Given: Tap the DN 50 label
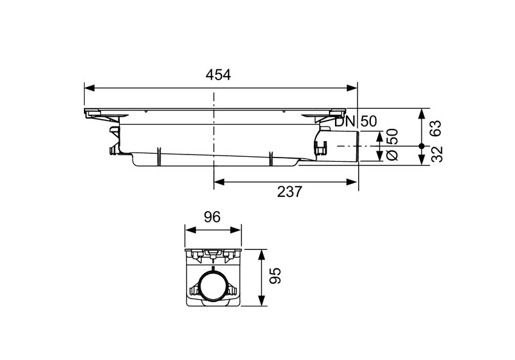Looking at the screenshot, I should (359, 121).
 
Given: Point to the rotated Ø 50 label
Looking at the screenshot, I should (393, 145).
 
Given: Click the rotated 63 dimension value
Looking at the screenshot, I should (436, 128).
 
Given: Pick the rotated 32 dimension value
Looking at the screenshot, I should (436, 154).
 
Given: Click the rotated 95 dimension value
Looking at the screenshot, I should (277, 275).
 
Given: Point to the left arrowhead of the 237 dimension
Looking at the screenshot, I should (218, 181).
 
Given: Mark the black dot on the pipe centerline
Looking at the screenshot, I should (421, 146).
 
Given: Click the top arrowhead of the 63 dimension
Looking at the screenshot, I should (421, 112).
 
